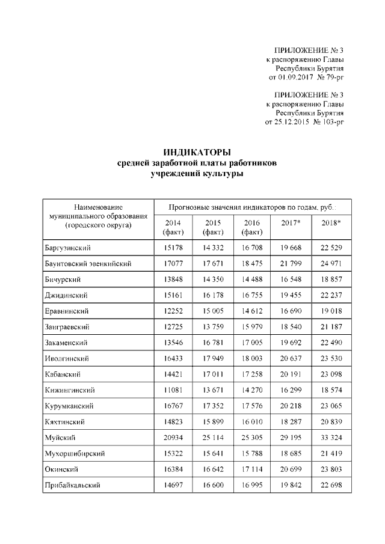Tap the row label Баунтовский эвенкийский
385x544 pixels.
coord(88,263)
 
